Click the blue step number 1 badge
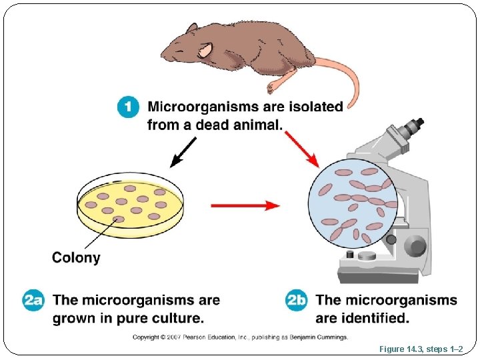click(128, 107)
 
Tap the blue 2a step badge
click(33, 300)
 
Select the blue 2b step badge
click(297, 300)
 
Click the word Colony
click(76, 257)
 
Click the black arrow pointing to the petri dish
click(183, 152)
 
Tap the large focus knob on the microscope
click(417, 247)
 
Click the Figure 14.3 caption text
click(425, 349)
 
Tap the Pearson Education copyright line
click(240, 337)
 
